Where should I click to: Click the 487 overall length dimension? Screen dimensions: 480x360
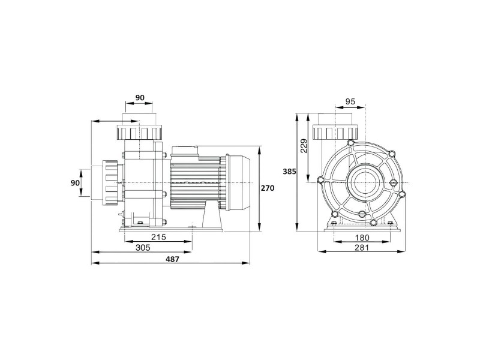172,259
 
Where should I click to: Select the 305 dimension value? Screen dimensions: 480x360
143,248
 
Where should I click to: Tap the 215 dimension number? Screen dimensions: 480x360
158,237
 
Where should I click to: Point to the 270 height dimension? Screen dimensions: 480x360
268,188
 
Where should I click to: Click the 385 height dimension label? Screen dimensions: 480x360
289,172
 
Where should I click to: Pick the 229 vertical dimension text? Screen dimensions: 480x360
304,146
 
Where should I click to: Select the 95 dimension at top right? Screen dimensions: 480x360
350,101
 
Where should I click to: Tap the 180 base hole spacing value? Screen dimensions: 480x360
362,237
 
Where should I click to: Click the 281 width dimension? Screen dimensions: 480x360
362,247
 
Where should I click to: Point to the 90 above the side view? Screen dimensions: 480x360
140,98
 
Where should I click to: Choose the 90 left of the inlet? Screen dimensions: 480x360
75,183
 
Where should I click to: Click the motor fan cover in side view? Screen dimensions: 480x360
238,183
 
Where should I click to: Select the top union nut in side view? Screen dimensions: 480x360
139,132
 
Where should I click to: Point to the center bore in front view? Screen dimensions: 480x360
365,183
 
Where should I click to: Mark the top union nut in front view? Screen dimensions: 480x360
335,133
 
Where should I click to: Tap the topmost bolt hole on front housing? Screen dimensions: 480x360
351,143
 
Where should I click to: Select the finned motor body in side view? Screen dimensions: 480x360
195,183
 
